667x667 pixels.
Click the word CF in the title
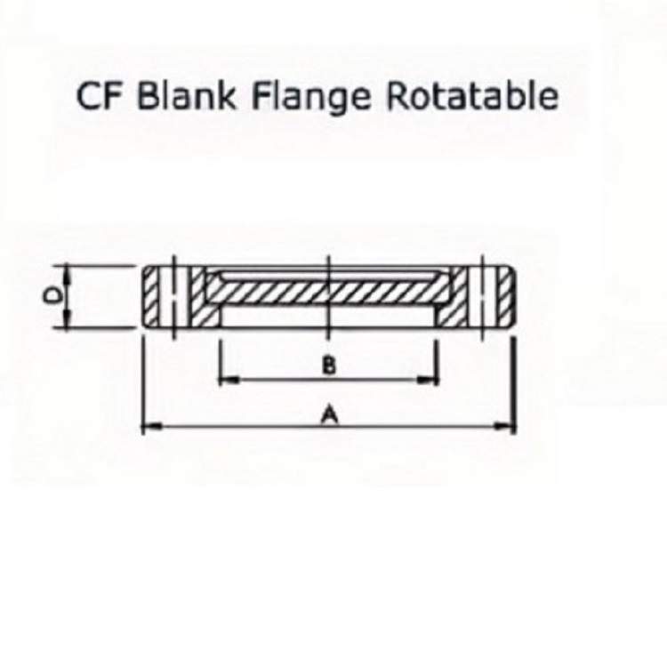click(x=100, y=96)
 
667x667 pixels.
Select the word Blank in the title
click(x=187, y=95)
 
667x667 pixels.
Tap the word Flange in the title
click(x=311, y=98)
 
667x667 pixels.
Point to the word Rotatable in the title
click(x=471, y=95)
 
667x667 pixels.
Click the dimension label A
click(x=330, y=414)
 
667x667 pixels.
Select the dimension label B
click(x=328, y=366)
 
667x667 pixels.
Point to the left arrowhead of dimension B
click(x=229, y=380)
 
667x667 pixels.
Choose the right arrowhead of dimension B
click(x=427, y=380)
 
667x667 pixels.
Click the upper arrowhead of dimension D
click(x=67, y=275)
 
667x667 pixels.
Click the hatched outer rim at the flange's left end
click(x=152, y=296)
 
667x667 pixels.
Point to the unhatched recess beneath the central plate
click(x=329, y=316)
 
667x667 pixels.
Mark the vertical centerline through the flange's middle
click(x=328, y=297)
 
